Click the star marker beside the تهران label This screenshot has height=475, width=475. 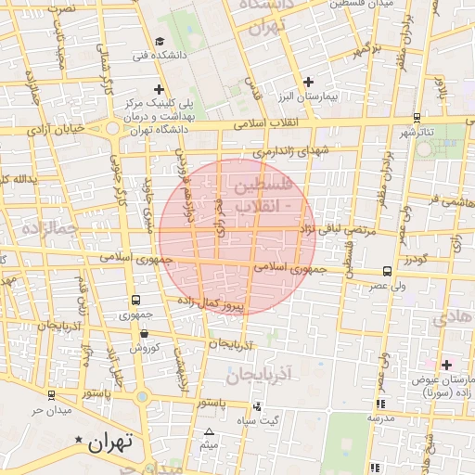[x=80, y=440]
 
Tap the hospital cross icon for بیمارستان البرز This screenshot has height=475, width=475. [x=309, y=82]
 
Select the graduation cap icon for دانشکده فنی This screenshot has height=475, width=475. [x=160, y=42]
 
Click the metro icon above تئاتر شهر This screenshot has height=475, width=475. [x=417, y=118]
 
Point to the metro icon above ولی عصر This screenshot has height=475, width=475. [x=386, y=272]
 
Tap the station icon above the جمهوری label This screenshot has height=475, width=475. [x=136, y=300]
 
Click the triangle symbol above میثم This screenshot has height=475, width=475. [x=209, y=431]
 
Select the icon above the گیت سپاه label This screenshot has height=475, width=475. [x=257, y=406]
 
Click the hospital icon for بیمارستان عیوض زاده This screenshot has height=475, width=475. [x=446, y=365]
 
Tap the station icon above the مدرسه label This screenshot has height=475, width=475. [x=380, y=404]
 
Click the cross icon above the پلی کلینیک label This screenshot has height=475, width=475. [x=160, y=90]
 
